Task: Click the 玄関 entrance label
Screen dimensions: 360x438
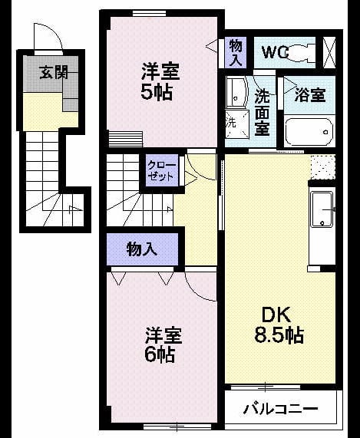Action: (54, 72)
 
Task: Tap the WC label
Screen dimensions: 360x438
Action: (275, 51)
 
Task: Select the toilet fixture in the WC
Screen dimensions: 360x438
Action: (302, 52)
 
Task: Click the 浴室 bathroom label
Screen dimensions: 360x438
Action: (310, 95)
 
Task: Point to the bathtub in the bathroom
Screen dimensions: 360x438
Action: (309, 132)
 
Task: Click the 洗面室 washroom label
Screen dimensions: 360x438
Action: (262, 113)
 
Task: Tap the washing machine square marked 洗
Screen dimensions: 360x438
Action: (236, 123)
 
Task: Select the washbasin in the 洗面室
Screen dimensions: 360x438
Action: (236, 92)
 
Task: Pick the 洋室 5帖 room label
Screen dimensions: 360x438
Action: (160, 82)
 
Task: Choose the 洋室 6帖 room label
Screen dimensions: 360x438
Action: (163, 344)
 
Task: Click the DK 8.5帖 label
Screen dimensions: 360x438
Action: (279, 324)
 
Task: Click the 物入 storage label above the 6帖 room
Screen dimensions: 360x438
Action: (142, 249)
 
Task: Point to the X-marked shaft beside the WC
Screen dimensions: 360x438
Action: (329, 52)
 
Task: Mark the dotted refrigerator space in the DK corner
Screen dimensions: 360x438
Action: (323, 167)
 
